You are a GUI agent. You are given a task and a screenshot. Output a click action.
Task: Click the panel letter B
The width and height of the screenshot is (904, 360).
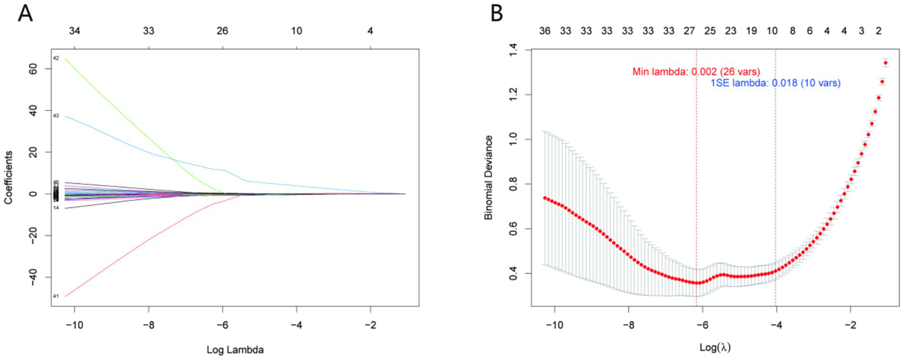click(x=498, y=12)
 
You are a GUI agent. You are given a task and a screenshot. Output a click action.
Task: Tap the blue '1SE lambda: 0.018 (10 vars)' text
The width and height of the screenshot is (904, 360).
click(x=776, y=84)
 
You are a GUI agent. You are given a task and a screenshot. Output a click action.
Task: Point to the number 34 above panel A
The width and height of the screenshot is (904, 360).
click(x=74, y=30)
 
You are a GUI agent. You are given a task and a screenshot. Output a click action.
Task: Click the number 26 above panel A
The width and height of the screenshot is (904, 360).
click(x=222, y=30)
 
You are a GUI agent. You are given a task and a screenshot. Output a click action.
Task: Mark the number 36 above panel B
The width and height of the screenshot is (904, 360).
click(x=545, y=30)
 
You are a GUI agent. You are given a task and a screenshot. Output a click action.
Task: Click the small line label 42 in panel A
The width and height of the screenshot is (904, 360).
click(x=56, y=58)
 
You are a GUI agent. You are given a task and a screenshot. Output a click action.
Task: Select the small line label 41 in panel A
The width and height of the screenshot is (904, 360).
click(x=56, y=296)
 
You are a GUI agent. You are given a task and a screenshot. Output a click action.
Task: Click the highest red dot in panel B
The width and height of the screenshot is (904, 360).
click(x=885, y=62)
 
